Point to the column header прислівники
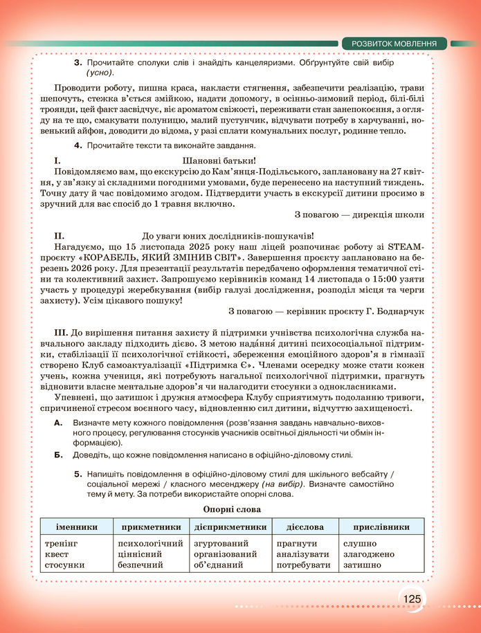pos(381,526)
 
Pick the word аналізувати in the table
pos(303,554)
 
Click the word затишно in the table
pos(360,565)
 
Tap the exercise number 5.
pos(77,474)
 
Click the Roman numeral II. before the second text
pos(60,236)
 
